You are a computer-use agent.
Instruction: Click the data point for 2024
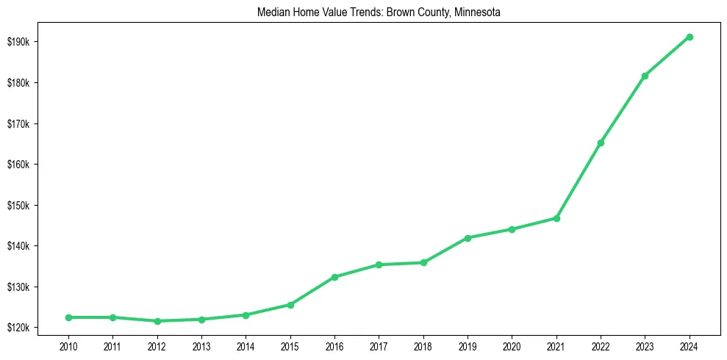coord(690,37)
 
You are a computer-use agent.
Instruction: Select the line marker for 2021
coord(556,218)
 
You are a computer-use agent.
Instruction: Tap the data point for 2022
coord(601,143)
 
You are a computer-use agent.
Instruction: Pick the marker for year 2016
coord(334,277)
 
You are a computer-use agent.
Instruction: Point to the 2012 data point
coord(157,321)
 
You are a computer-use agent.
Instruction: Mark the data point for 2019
coord(468,238)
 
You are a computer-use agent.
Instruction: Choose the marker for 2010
coord(68,317)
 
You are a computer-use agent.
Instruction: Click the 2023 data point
coord(645,76)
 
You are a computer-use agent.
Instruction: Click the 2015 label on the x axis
coord(290,345)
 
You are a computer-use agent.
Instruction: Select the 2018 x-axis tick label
coord(423,345)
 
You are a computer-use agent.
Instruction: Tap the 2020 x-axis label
coord(512,345)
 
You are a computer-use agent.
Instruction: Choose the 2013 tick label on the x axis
coord(201,345)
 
